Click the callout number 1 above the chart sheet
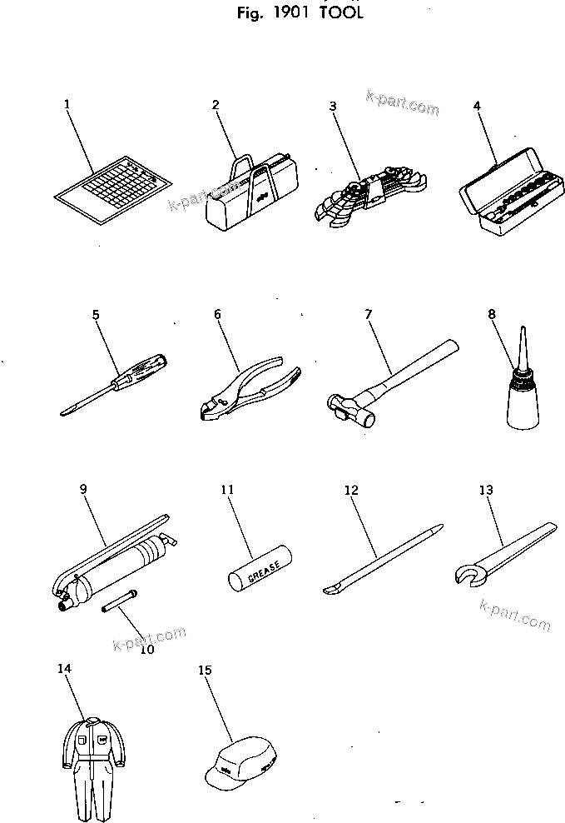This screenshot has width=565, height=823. pyautogui.click(x=67, y=104)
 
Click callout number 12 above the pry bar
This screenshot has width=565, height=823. pyautogui.click(x=351, y=490)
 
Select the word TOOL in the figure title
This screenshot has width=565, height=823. pyautogui.click(x=342, y=14)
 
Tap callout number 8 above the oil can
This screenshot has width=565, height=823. pyautogui.click(x=492, y=314)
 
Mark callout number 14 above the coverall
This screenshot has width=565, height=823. pyautogui.click(x=65, y=668)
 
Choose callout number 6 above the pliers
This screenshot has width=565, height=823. pyautogui.click(x=217, y=314)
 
